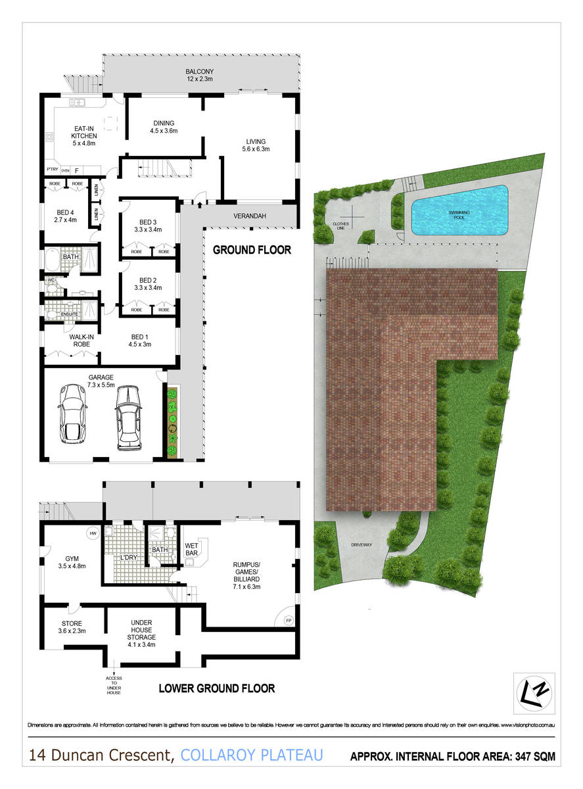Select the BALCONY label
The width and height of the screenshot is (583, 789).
point(198,72)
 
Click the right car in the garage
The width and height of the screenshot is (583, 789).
point(129,418)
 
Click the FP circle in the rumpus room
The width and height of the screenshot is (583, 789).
point(287,621)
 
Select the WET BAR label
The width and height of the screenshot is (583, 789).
point(192,549)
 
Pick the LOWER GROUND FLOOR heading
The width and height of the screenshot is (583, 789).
point(216,689)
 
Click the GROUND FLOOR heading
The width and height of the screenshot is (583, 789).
point(251,251)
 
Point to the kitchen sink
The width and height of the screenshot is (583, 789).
point(78,103)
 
